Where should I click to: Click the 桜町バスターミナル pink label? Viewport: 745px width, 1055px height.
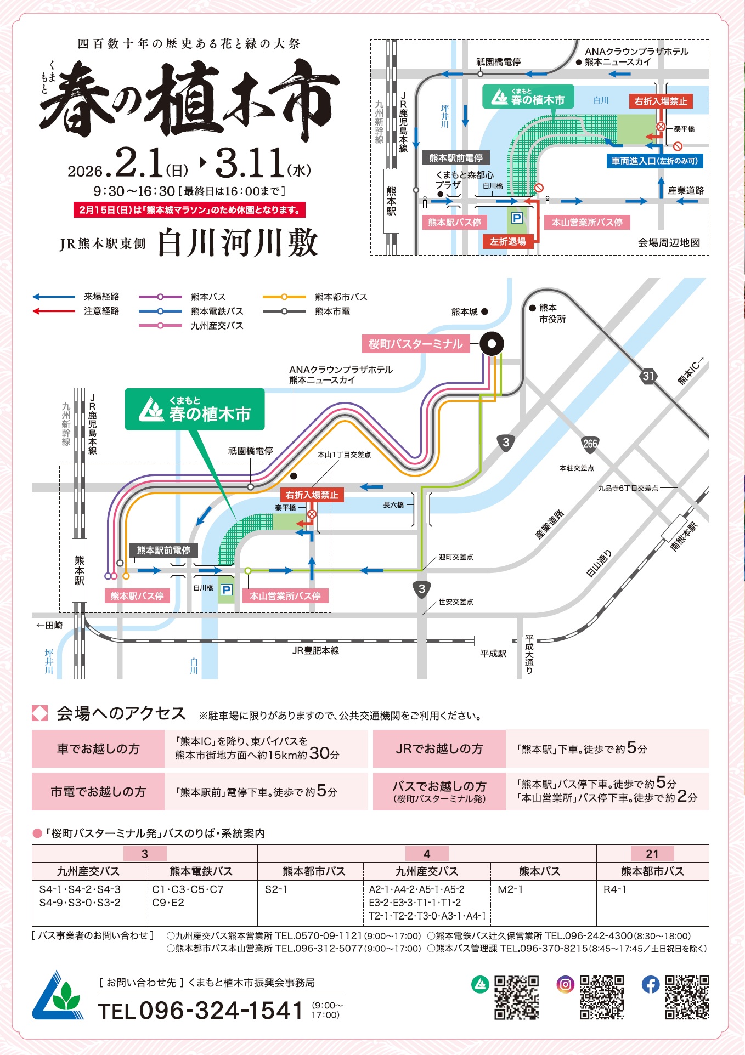(415, 344)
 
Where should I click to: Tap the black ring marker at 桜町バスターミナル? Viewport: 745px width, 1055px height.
(492, 344)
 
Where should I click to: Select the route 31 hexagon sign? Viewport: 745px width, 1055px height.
(648, 376)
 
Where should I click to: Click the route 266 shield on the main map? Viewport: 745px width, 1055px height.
(590, 444)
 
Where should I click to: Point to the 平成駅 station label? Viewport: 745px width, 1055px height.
(493, 654)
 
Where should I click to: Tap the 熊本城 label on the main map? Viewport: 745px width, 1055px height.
(464, 311)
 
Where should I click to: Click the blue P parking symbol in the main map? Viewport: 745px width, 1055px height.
(226, 589)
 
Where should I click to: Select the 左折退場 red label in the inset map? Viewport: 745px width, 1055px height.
(507, 241)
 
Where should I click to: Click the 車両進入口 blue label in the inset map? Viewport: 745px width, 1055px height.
(654, 161)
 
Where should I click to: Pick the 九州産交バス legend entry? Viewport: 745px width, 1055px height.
(217, 325)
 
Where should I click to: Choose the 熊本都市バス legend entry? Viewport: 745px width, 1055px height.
(341, 297)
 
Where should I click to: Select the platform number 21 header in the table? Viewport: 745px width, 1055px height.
(652, 853)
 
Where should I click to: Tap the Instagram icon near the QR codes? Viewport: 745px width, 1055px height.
(565, 984)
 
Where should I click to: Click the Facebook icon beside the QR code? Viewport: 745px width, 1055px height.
(651, 984)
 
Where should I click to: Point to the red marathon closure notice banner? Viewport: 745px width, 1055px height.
(189, 210)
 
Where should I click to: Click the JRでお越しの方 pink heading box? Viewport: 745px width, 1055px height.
(439, 748)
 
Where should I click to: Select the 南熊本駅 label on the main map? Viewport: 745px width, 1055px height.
(684, 536)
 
